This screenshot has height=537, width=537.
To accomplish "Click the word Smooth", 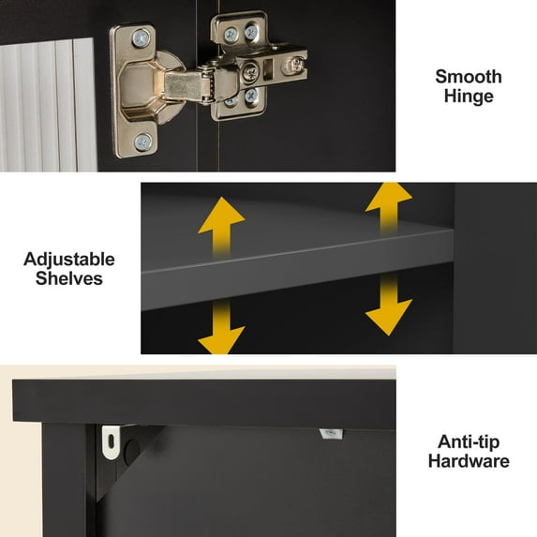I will point(468,77).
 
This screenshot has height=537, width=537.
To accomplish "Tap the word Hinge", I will point(469,97).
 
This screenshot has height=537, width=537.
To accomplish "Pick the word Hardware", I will point(469,461).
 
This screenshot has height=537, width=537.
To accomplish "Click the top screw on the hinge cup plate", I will point(142,38).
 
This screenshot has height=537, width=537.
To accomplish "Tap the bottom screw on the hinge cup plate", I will point(142,142).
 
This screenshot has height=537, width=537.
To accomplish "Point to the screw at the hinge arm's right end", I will point(296,64).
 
